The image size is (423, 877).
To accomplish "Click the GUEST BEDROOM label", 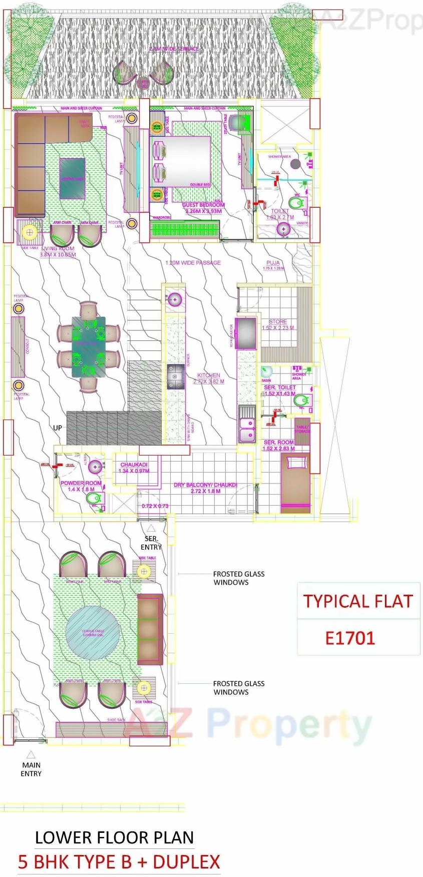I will click(203, 205).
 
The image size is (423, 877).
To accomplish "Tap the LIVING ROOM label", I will click(58, 249).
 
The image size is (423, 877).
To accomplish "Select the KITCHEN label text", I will click(209, 375).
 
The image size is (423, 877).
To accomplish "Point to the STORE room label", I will click(278, 322).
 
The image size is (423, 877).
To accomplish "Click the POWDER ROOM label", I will click(81, 483).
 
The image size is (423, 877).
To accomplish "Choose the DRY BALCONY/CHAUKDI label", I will click(205, 485).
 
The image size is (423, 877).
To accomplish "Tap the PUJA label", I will click(273, 263).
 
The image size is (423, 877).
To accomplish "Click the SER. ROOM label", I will click(279, 443).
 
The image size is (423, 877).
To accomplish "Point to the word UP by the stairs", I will click(58, 428).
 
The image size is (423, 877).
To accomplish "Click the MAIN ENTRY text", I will click(31, 769).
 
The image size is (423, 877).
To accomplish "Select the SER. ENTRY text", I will click(151, 543).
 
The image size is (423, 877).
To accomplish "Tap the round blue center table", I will click(93, 632).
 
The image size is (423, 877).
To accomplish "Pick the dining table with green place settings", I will click(89, 346).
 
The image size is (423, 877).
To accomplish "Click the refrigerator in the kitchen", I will click(246, 333).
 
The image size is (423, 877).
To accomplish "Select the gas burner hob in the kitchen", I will click(176, 376).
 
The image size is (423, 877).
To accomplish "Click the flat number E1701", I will click(350, 638).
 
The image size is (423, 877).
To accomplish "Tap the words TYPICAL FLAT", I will click(358, 601).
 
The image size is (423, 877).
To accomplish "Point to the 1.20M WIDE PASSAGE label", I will click(193, 262).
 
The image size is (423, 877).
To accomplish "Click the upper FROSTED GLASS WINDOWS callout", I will click(239, 578).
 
